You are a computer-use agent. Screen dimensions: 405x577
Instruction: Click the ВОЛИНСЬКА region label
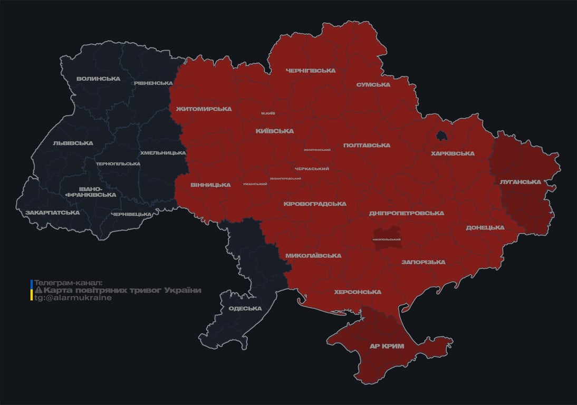[x=98, y=79]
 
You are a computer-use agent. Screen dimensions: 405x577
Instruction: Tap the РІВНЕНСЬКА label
[x=153, y=83]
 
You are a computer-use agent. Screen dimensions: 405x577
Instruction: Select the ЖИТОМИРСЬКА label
[x=204, y=109]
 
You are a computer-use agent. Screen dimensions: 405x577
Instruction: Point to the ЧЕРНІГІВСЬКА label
[x=311, y=71]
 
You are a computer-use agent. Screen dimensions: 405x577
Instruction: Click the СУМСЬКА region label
[x=373, y=85]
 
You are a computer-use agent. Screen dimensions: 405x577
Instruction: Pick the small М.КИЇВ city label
[x=268, y=113]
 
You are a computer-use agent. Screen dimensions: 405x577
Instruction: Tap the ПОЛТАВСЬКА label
[x=367, y=146]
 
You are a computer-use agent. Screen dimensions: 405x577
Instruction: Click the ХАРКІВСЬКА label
[x=453, y=154]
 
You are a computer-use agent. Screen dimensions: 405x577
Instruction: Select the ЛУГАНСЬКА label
[x=520, y=182]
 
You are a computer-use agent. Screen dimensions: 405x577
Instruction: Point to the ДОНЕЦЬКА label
[x=485, y=228]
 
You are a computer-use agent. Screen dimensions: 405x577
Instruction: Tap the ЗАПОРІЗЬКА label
[x=423, y=262]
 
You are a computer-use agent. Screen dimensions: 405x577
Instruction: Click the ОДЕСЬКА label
[x=245, y=308]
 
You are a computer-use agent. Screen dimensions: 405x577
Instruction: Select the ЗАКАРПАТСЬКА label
[x=52, y=213]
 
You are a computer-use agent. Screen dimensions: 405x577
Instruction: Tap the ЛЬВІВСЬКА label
[x=73, y=143]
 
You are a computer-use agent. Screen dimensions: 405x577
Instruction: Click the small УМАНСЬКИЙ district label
[x=255, y=184]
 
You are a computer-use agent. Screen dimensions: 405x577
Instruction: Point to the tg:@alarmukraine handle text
[x=73, y=298]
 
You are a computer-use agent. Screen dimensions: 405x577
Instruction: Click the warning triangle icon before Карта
[x=38, y=291]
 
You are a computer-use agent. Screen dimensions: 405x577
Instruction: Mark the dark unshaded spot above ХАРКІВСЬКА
[x=441, y=136]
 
